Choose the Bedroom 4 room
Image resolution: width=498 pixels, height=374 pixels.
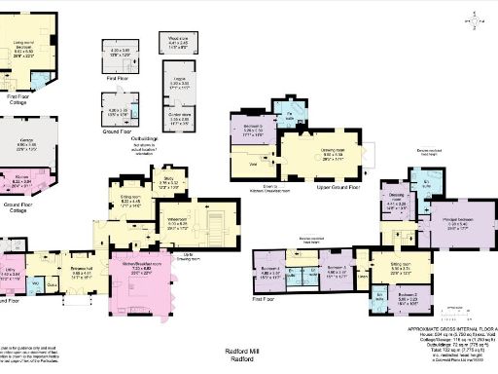269,273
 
